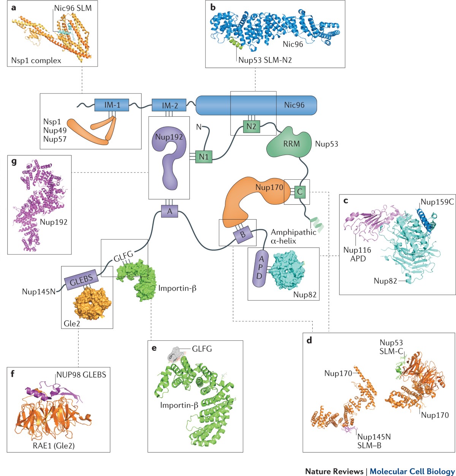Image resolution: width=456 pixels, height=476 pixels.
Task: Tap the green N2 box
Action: tap(251, 127)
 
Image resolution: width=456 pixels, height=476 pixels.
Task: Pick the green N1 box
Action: tap(203, 156)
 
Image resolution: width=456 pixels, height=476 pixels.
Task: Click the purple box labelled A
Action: tap(169, 212)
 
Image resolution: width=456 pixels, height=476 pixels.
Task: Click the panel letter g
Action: tap(14, 161)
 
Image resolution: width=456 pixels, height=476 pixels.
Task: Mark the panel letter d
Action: tap(310, 340)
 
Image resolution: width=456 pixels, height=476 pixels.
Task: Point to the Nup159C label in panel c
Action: tap(437, 202)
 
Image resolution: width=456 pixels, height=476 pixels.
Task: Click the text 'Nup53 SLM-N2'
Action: tap(264, 60)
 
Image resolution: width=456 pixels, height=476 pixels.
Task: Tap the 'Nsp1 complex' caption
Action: tap(36, 60)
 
